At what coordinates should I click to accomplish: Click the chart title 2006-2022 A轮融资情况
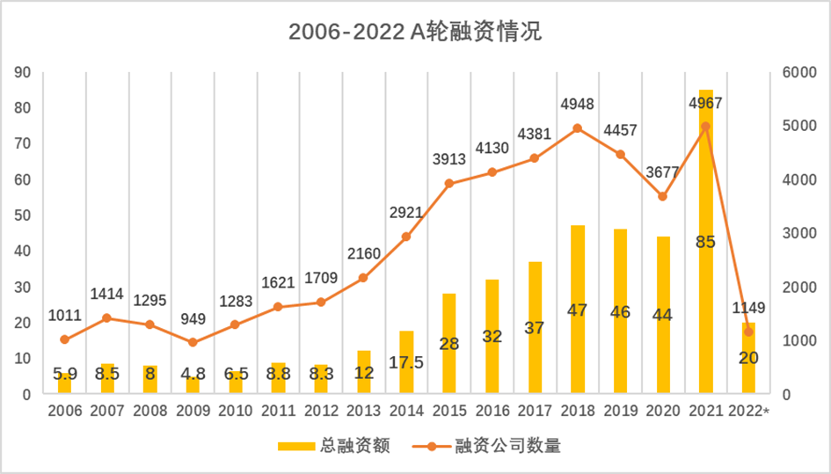coord(415,33)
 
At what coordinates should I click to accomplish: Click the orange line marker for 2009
coord(193,342)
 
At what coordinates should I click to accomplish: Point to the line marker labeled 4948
coord(578,128)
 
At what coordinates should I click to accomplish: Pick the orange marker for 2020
coord(663,196)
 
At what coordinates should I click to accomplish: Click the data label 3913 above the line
coord(448,160)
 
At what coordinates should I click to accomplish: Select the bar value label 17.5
coord(406,361)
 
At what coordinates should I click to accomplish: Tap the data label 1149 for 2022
coord(748,308)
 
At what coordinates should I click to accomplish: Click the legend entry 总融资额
coord(333,446)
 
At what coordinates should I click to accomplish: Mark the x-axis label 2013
coord(363,411)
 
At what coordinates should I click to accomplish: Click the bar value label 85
coord(705,241)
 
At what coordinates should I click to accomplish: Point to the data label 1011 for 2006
coord(64,316)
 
